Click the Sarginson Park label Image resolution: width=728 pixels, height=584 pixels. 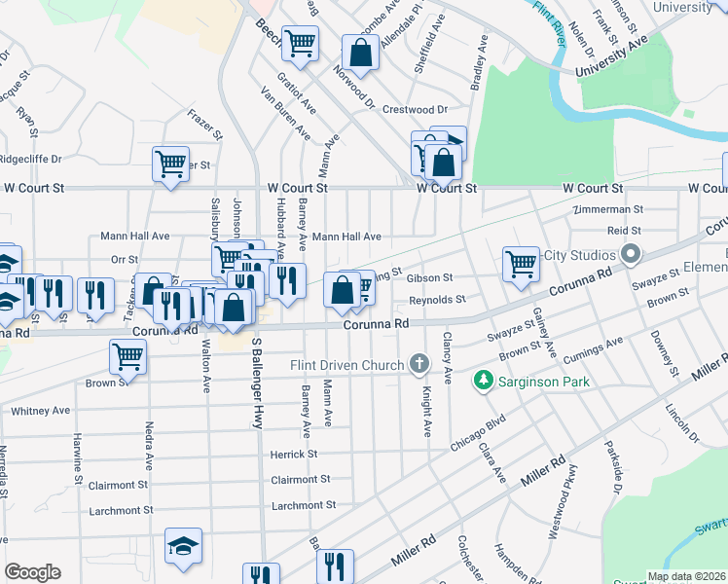click(x=544, y=382)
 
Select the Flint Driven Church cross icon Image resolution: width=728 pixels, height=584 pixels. click(x=419, y=365)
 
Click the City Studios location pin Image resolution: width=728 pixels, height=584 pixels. click(x=631, y=255)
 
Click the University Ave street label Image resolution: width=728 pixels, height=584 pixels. click(x=611, y=58)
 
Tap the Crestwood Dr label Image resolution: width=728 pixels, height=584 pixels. click(x=415, y=110)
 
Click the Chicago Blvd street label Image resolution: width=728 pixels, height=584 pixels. click(x=478, y=434)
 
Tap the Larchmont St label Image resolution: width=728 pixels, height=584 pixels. click(x=304, y=505)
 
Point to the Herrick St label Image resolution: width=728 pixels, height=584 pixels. click(x=294, y=455)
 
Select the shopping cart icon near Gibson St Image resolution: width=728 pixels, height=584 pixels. click(x=522, y=262)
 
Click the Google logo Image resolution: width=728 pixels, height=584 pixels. click(x=32, y=572)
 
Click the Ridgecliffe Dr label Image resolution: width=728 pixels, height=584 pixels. click(x=30, y=159)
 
